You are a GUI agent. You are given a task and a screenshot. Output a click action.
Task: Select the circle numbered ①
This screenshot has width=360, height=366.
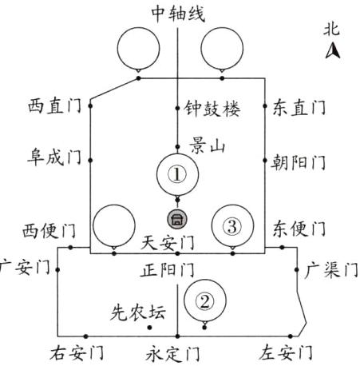click(x=178, y=173)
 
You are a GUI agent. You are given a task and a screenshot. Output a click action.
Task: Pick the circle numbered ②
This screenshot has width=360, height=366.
click(x=205, y=300)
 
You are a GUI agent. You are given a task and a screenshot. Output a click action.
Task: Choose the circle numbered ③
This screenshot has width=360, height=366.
click(x=231, y=226)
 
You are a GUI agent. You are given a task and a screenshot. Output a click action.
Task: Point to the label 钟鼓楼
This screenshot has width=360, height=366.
click(x=212, y=106)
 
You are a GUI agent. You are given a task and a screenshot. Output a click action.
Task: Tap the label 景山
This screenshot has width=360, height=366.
click(x=207, y=145)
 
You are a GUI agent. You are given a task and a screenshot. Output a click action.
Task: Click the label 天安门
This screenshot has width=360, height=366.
click(x=168, y=241)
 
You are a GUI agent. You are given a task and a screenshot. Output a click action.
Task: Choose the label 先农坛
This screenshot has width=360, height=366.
click(x=138, y=312)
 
